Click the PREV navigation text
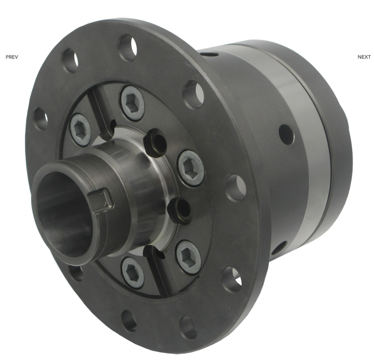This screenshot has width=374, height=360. pyautogui.click(x=12, y=57)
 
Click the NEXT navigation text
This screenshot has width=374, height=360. pyautogui.click(x=364, y=57)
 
